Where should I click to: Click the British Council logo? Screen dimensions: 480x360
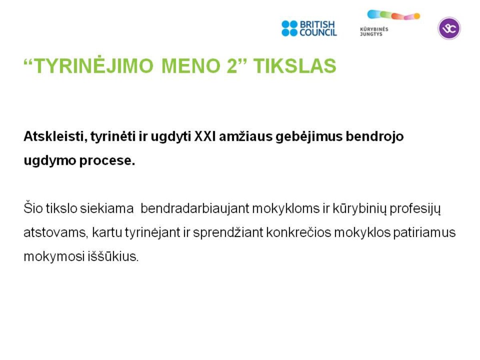point(309,28)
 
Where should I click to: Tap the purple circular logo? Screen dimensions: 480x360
point(449,28)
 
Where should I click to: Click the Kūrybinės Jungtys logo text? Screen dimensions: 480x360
point(374,32)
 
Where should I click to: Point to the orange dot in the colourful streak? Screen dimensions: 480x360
point(417,16)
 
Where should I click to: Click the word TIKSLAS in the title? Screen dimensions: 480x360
point(294,66)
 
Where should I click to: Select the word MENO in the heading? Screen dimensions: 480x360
point(191,66)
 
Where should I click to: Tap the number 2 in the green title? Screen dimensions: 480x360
point(232,66)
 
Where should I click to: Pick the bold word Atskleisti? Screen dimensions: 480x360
point(56,136)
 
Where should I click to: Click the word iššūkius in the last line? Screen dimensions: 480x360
point(113,256)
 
